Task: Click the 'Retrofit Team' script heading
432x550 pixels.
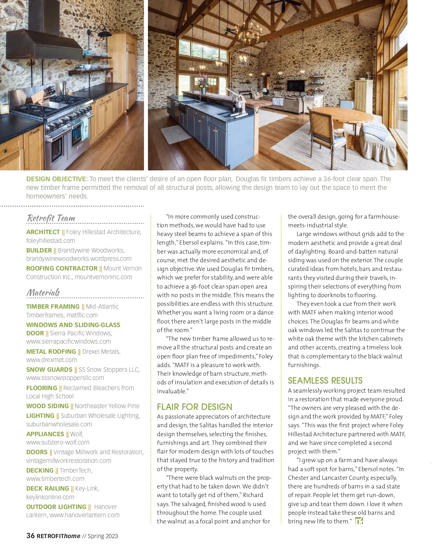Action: [51, 218]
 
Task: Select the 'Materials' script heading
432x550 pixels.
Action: [43, 292]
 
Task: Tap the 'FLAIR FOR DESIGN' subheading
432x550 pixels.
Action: [194, 407]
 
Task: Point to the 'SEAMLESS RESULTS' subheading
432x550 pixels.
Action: [325, 380]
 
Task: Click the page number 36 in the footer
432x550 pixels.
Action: [31, 536]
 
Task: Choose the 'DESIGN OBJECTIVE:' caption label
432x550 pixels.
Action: [57, 179]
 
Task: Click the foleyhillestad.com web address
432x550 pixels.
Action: [51, 241]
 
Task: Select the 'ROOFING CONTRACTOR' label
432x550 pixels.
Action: [62, 268]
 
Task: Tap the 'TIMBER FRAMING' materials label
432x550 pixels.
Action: [53, 307]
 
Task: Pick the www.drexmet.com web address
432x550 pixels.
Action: [51, 360]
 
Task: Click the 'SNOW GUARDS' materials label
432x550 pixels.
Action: [49, 370]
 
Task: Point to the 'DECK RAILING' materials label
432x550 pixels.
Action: [48, 488]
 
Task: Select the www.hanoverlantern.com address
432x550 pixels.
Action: [85, 515]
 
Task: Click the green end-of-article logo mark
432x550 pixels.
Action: [359, 521]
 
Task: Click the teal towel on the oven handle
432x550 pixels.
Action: [85, 129]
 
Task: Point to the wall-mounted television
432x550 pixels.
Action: [296, 85]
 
